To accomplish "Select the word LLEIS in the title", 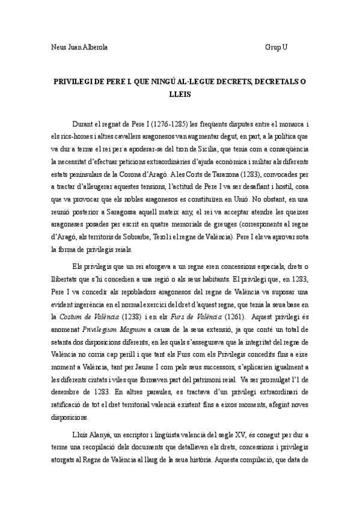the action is (x=180, y=93).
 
